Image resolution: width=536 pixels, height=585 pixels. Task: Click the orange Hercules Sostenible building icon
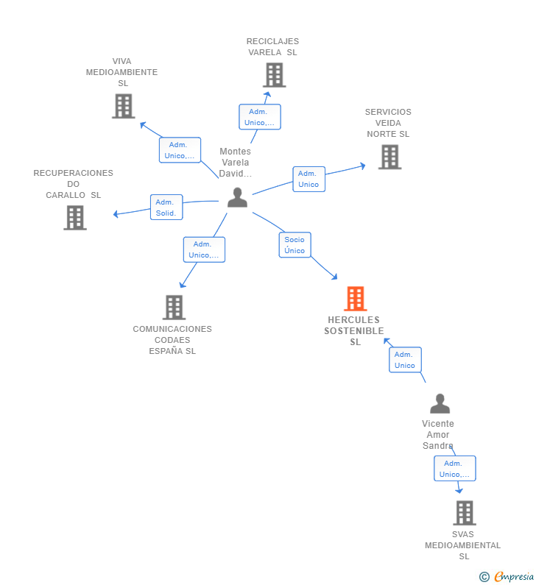[356, 299]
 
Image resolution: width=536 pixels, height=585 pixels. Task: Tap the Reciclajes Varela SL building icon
[275, 75]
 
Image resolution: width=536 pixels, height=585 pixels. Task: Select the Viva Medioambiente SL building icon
[124, 106]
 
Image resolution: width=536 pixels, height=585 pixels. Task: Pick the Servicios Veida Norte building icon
[389, 157]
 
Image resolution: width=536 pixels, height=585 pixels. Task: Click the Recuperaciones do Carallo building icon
[75, 218]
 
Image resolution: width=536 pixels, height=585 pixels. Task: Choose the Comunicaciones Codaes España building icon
[174, 308]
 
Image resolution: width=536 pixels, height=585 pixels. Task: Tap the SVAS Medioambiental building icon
[465, 513]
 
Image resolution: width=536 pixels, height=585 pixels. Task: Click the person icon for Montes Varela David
[237, 197]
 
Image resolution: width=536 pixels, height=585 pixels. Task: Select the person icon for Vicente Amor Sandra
[440, 403]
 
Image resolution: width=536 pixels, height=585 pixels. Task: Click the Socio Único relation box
[295, 245]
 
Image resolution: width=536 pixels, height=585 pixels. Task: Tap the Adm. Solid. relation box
[166, 207]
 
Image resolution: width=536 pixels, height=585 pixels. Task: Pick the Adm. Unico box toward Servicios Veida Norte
[309, 179]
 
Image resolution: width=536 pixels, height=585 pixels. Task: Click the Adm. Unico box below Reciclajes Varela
[260, 117]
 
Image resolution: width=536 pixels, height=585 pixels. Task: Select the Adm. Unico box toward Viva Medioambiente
[180, 150]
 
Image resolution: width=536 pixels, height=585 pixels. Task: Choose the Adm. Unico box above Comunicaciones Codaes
[204, 249]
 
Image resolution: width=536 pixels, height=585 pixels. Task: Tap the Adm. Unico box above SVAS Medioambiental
[454, 468]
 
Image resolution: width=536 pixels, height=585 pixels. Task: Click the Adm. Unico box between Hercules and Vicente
[406, 360]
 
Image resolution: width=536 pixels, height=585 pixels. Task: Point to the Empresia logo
[507, 576]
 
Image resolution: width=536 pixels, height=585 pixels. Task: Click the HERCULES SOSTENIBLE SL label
[354, 331]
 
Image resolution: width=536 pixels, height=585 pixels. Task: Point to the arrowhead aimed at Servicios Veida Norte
[362, 166]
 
